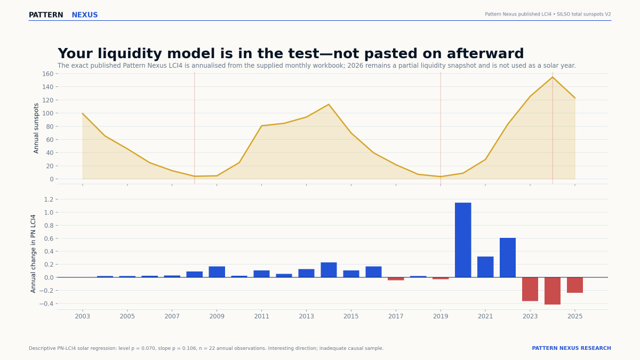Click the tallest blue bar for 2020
pyautogui.click(x=463, y=240)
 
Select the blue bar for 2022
pyautogui.click(x=508, y=258)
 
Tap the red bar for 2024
pyautogui.click(x=553, y=291)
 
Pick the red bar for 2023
pyautogui.click(x=530, y=289)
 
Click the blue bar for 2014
pyautogui.click(x=329, y=270)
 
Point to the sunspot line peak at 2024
pyautogui.click(x=553, y=77)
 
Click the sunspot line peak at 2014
pyautogui.click(x=329, y=105)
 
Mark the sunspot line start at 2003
pyautogui.click(x=83, y=114)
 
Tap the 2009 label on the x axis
pyautogui.click(x=217, y=316)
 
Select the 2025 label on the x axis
pyautogui.click(x=575, y=316)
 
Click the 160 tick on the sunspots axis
pyautogui.click(x=47, y=74)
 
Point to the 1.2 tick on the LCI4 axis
pyautogui.click(x=49, y=199)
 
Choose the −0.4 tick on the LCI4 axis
pyautogui.click(x=46, y=303)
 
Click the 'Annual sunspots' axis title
pyautogui.click(x=36, y=129)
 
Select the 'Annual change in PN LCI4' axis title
pyautogui.click(x=33, y=254)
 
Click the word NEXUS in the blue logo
pyautogui.click(x=85, y=15)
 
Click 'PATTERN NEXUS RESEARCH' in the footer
pyautogui.click(x=571, y=348)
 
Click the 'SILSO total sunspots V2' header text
pyautogui.click(x=583, y=14)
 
